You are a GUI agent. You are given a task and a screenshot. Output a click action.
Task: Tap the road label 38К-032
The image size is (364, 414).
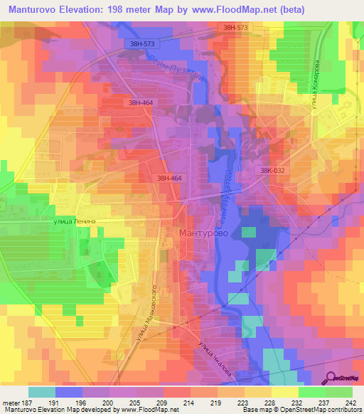274,171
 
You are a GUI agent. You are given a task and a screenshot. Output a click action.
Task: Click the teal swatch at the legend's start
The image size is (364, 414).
42,392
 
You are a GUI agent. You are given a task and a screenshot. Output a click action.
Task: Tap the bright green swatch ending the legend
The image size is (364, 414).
338,392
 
